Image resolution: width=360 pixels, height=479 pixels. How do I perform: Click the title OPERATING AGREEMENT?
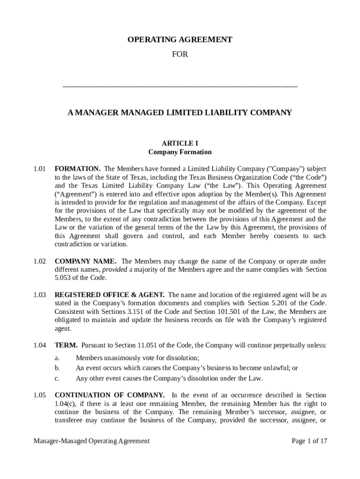pyautogui.click(x=180, y=40)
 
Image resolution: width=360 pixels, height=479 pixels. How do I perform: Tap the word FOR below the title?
pyautogui.click(x=180, y=54)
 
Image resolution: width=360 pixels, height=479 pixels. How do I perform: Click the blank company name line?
pyautogui.click(x=180, y=87)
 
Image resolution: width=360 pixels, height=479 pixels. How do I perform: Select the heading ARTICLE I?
pyautogui.click(x=180, y=143)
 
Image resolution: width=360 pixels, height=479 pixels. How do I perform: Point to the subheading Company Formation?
pyautogui.click(x=180, y=152)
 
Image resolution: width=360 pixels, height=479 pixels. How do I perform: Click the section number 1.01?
pyautogui.click(x=40, y=168)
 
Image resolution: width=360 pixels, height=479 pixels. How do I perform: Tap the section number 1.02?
pyautogui.click(x=40, y=261)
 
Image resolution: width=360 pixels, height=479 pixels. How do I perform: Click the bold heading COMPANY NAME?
pyautogui.click(x=86, y=261)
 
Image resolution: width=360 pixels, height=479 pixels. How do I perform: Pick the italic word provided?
pyautogui.click(x=115, y=270)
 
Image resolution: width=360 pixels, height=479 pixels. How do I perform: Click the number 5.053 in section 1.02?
pyautogui.click(x=64, y=278)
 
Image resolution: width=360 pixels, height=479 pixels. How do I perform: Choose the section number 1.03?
pyautogui.click(x=40, y=295)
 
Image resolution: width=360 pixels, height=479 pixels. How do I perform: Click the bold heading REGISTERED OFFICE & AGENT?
pyautogui.click(x=109, y=295)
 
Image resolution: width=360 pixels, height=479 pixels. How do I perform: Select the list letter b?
pyautogui.click(x=57, y=368)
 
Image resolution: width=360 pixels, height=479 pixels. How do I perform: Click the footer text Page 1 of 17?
pyautogui.click(x=309, y=441)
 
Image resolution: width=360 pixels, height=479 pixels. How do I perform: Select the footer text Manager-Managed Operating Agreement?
pyautogui.click(x=92, y=441)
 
